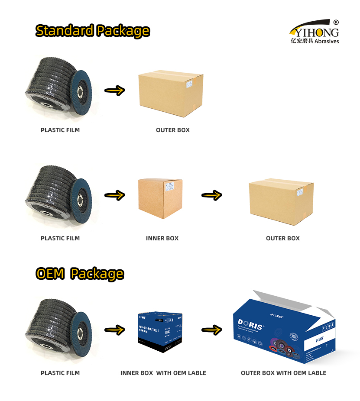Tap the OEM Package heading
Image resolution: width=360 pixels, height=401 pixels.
[x=80, y=274]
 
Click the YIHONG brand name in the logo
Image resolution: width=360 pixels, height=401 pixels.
[x=315, y=32]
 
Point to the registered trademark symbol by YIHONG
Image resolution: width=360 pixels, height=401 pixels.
[x=336, y=22]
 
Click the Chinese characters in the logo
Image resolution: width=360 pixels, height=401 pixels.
[x=302, y=41]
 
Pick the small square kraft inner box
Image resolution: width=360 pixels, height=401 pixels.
[x=160, y=198]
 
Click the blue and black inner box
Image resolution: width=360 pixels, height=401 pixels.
[x=160, y=332]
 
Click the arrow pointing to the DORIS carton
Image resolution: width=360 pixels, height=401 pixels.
[x=211, y=330]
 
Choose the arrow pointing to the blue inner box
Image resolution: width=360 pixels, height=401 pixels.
[x=115, y=330]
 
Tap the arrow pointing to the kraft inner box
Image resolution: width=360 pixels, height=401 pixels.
[x=115, y=195]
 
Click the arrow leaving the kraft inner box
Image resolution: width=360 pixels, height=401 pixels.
[x=211, y=195]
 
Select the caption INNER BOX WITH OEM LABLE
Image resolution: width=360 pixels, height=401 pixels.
[x=163, y=373]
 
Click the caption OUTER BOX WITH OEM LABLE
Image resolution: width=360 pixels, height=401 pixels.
[x=283, y=373]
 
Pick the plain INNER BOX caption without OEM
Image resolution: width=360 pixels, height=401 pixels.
[x=162, y=238]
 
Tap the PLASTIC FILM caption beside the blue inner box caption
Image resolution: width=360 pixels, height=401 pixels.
[x=60, y=373]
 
